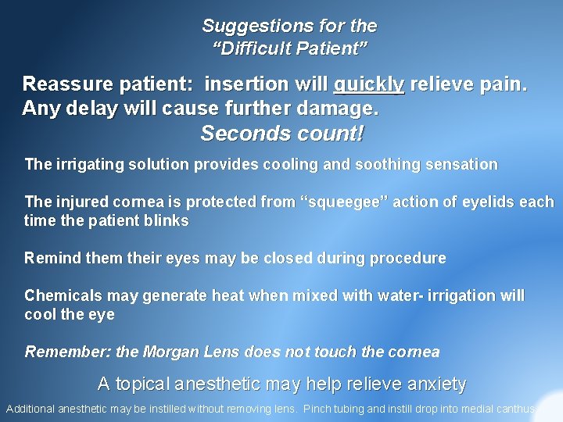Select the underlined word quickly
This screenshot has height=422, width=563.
coord(369,84)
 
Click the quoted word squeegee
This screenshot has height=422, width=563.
coord(343,202)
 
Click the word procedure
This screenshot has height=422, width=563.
coord(411,259)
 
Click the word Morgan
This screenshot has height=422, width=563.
coord(170,352)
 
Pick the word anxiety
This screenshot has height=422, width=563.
coord(433,384)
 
